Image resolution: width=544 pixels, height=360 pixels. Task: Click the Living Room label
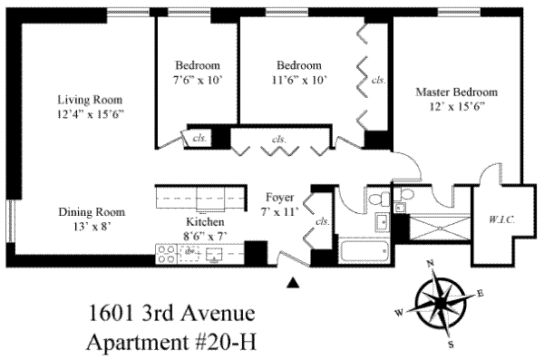coord(90,100)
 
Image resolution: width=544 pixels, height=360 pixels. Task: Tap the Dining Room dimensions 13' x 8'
coord(92,227)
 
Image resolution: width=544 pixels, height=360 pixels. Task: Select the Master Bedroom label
coord(457,92)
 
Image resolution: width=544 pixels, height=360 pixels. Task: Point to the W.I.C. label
coord(501,219)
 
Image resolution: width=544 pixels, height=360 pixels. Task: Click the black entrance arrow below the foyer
coord(293,283)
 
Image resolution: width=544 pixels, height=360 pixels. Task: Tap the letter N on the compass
coord(431,263)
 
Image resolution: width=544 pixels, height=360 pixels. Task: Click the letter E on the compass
coord(480,294)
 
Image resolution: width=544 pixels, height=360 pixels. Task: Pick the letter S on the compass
coord(451,344)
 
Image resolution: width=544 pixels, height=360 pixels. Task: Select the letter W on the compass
coord(399,313)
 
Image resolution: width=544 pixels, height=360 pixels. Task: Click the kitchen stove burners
coord(166,254)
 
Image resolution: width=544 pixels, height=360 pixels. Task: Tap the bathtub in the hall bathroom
coord(364,250)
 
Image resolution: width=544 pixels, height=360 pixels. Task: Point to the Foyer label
coord(279,197)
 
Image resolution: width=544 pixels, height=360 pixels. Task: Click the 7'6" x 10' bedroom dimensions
coord(198,81)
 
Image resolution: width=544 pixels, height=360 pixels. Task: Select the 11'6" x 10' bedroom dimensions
coord(299,80)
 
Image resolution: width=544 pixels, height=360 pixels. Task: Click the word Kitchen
coord(205,222)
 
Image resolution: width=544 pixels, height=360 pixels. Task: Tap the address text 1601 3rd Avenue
coord(171,313)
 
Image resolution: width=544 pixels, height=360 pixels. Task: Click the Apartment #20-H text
coord(171,342)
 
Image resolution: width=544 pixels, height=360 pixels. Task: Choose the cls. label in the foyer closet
coord(322,221)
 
